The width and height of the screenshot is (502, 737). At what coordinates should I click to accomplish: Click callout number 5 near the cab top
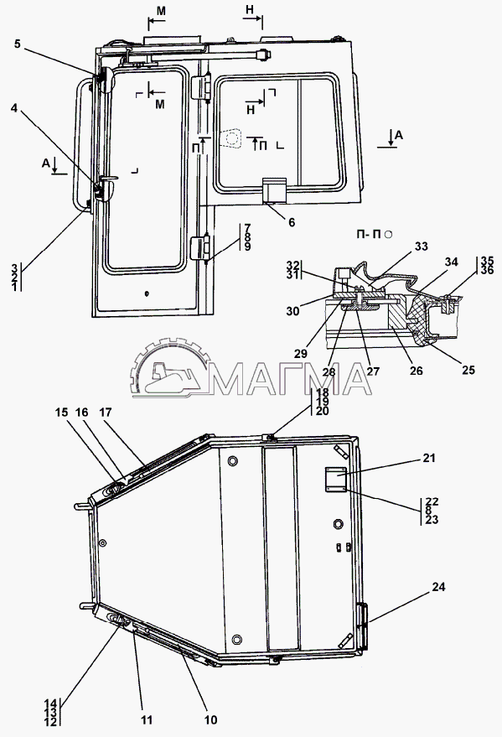coord(18,44)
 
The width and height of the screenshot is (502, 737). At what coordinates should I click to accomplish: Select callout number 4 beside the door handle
coord(14,108)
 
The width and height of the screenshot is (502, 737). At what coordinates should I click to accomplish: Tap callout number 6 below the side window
coord(292,222)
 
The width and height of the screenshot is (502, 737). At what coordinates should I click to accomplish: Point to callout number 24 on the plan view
coord(438,587)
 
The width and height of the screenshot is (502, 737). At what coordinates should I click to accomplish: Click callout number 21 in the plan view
coord(429,457)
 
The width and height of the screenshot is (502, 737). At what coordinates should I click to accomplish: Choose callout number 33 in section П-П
coord(422,246)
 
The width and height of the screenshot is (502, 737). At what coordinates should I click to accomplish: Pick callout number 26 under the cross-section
coord(416,371)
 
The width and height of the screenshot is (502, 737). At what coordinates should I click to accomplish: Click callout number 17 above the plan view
coord(106,413)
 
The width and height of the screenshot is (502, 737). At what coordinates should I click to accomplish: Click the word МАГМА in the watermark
coord(290,378)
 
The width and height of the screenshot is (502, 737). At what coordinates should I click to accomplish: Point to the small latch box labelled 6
coord(274,190)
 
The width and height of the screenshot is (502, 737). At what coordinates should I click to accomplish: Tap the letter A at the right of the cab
coord(399,135)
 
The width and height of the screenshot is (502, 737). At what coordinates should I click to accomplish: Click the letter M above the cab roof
coord(161,11)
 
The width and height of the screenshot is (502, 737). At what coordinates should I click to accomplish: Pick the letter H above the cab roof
coord(250,9)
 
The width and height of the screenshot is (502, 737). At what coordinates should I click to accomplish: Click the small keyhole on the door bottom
coord(147,293)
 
